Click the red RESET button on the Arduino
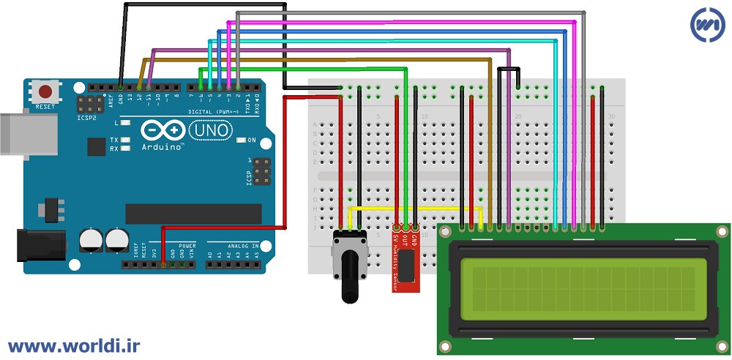coord(46,92)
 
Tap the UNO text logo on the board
coord(211,130)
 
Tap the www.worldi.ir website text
coord(74,344)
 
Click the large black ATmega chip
coord(193,214)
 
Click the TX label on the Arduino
coord(114,140)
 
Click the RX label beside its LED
coord(114,149)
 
